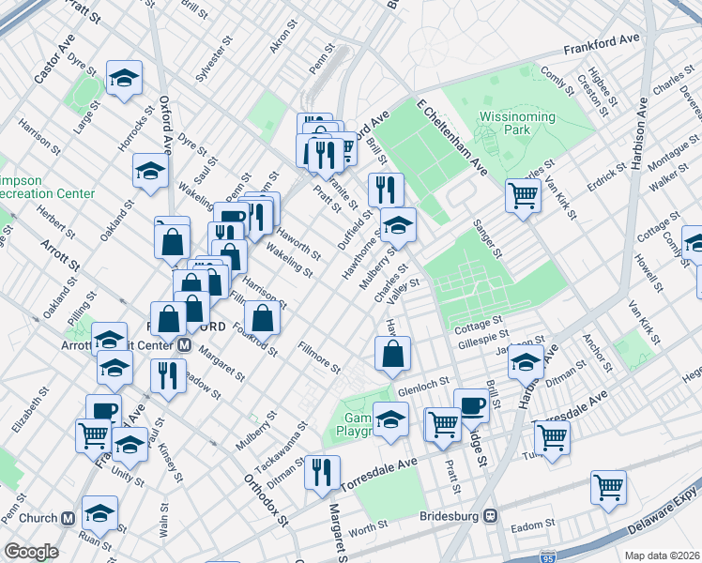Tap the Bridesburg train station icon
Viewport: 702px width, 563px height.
coord(490,516)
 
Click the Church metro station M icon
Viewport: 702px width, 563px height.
coord(67,518)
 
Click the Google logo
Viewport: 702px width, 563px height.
coord(31,552)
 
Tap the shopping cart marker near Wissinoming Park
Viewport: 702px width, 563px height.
coord(524,195)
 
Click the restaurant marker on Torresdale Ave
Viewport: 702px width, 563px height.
coord(323,472)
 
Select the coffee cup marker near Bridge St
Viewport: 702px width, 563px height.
coord(471,405)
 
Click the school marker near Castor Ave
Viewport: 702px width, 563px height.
coord(123,79)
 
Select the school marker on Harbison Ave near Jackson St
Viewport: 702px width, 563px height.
coord(526,361)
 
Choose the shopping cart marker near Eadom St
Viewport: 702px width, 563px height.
coord(608,488)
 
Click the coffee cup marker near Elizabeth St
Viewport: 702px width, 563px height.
coord(103,411)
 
